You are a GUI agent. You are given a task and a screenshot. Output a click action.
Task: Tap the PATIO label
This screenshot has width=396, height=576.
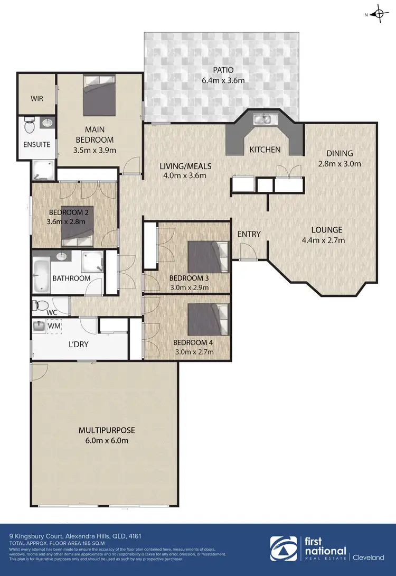pyautogui.click(x=223, y=70)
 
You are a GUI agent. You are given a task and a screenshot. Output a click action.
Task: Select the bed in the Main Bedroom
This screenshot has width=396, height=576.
pyautogui.click(x=99, y=95)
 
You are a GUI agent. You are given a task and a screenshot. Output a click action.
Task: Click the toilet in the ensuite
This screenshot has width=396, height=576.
pyautogui.click(x=30, y=126)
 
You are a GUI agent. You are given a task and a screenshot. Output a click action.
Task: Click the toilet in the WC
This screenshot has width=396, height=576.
pyautogui.click(x=41, y=305)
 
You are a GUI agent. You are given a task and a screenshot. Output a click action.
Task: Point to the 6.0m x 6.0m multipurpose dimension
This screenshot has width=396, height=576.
pyautogui.click(x=103, y=440)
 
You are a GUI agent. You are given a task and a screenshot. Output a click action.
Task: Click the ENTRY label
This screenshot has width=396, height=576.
pyautogui.click(x=249, y=234)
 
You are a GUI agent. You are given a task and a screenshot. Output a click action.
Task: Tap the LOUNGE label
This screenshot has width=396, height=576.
pyautogui.click(x=327, y=230)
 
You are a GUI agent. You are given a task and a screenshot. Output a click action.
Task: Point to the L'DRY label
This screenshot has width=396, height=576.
pyautogui.click(x=78, y=344)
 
